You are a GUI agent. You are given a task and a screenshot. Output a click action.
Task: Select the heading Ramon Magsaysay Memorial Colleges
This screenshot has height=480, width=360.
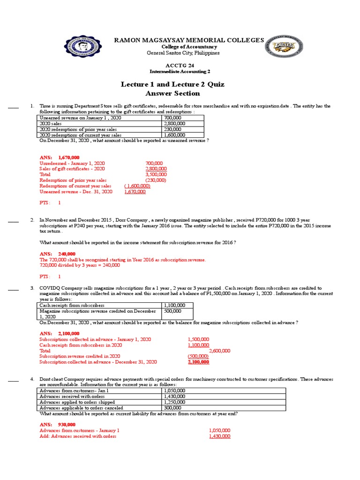pos(189,40)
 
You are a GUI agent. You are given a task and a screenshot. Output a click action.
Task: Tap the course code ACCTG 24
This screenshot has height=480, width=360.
pos(180,65)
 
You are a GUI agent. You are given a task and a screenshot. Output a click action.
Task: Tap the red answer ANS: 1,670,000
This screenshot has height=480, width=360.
pos(60,157)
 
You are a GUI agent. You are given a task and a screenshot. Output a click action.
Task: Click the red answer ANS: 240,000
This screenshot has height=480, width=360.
pos(58,254)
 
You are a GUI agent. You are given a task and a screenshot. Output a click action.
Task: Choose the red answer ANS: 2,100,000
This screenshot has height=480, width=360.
pos(60,333)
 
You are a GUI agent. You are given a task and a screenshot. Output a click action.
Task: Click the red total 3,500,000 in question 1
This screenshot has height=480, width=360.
pos(156,174)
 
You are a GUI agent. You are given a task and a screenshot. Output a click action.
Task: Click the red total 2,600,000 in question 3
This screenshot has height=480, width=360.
pos(219,351)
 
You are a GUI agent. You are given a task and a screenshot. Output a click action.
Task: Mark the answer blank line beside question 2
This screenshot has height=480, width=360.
pos(13,220)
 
